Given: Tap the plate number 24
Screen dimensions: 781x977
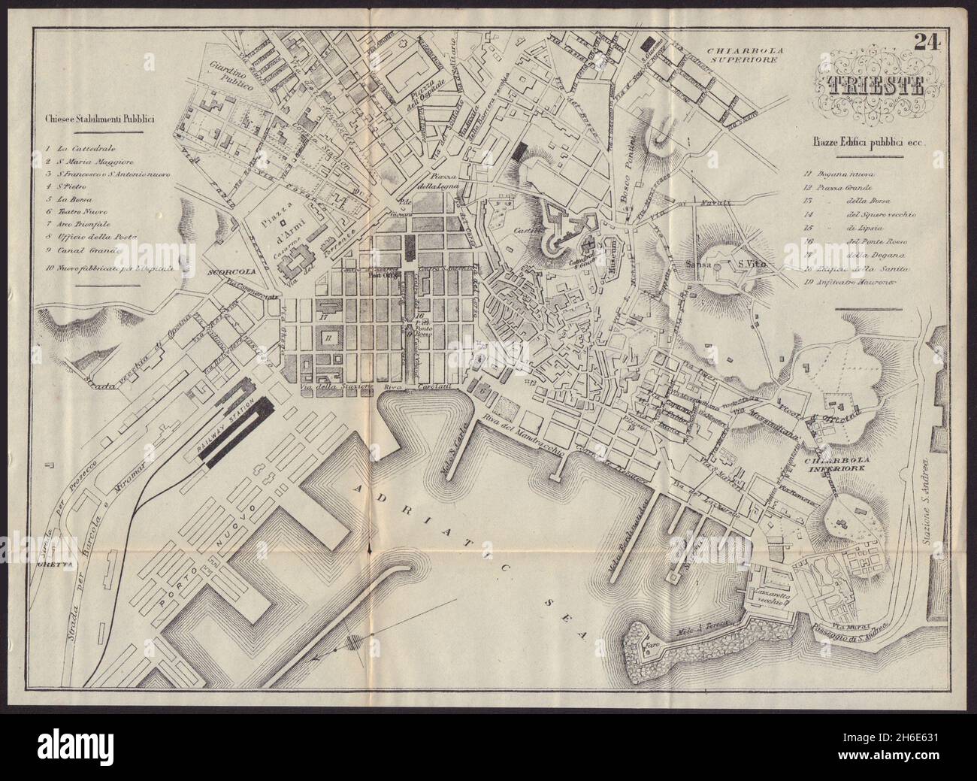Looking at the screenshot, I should coord(929,64).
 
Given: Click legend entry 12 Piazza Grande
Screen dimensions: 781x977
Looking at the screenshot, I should coord(831,187).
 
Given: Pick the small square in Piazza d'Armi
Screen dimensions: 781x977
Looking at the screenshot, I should coord(283,223).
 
